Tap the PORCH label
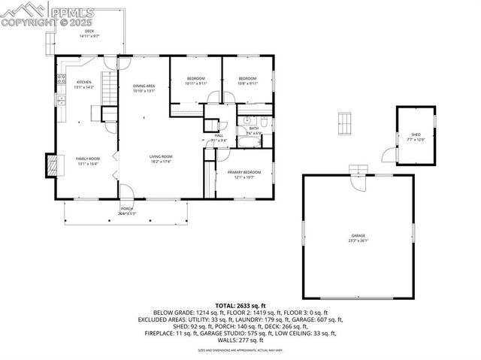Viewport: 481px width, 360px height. click(126, 211)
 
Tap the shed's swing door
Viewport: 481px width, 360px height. click(388, 155)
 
